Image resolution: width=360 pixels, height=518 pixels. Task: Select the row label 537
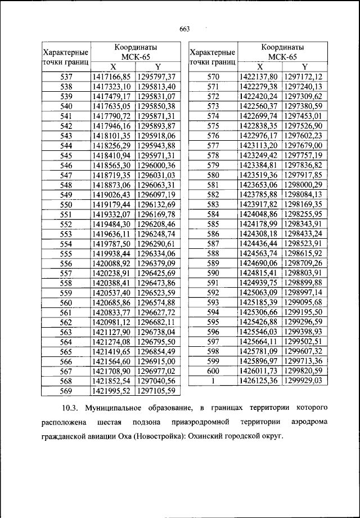coord(66,77)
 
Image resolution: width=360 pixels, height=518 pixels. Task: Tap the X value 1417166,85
coord(111,77)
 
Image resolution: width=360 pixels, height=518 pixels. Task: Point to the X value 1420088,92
coord(111,263)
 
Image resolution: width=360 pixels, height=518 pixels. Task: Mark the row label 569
coord(66,390)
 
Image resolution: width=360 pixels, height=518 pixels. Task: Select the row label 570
coord(213,77)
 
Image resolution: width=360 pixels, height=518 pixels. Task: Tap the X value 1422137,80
coord(259,77)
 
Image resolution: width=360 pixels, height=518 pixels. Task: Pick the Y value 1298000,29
coord(303,185)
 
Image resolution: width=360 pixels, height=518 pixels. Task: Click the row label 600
coord(213,370)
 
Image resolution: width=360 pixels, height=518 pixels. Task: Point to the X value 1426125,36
coord(259,381)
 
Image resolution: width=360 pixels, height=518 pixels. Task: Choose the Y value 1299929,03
coord(303,381)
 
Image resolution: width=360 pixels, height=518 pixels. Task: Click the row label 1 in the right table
coord(213,381)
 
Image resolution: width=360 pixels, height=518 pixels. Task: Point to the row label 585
coord(213,224)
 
